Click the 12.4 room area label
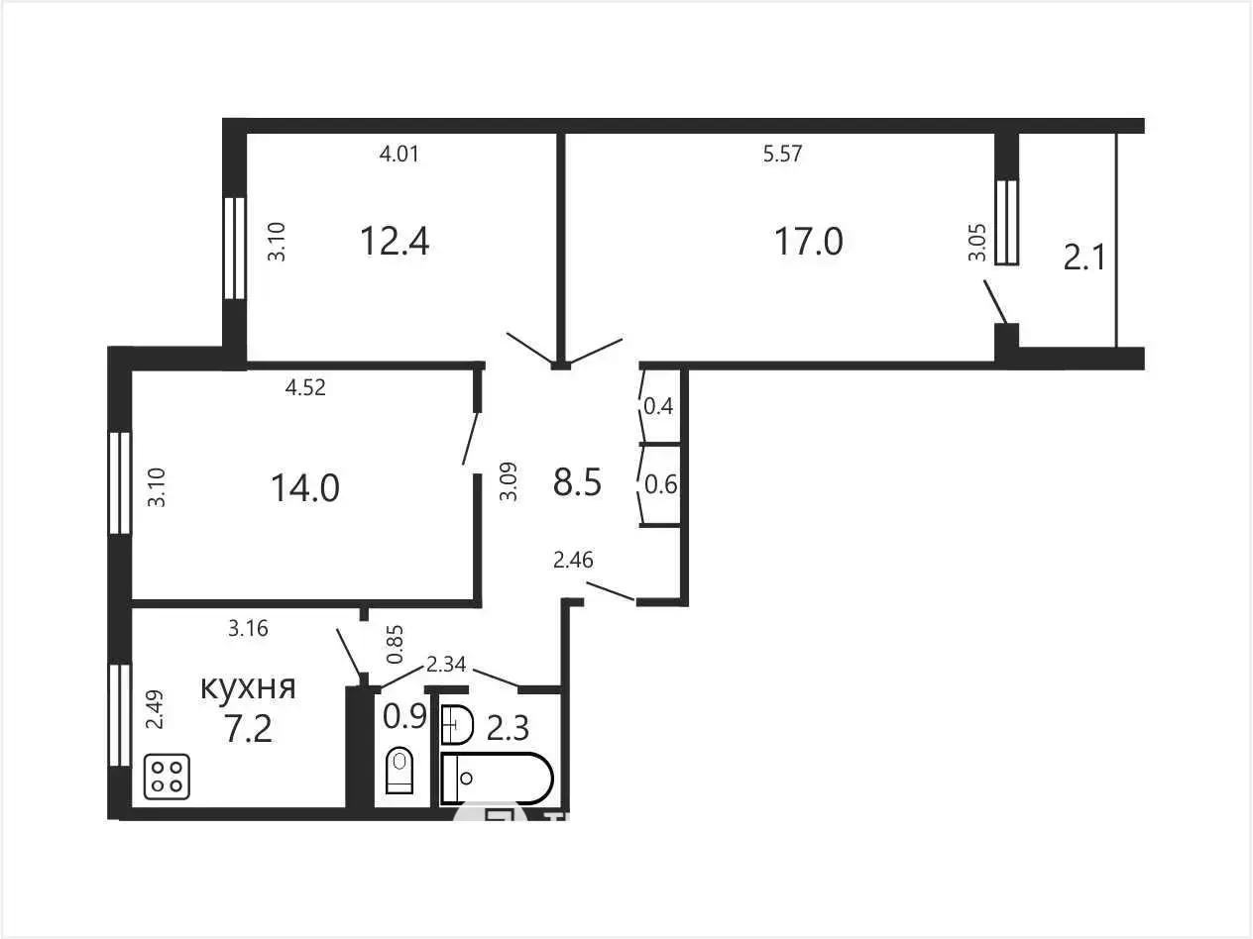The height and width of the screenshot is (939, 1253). pyautogui.click(x=395, y=241)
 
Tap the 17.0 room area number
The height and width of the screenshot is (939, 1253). pyautogui.click(x=808, y=241)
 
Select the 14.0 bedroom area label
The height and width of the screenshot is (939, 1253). pyautogui.click(x=305, y=488)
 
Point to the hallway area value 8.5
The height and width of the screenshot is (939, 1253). pyautogui.click(x=577, y=481)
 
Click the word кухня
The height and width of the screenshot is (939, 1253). pyautogui.click(x=248, y=687)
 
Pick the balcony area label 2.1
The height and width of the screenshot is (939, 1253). pyautogui.click(x=1084, y=257)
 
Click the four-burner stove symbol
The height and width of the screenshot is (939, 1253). pyautogui.click(x=167, y=776)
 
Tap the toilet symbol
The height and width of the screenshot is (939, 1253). pyautogui.click(x=399, y=770)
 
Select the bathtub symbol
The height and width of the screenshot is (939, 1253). pyautogui.click(x=498, y=779)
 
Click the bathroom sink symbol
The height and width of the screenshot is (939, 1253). pyautogui.click(x=457, y=725)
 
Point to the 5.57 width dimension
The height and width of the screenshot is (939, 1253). pyautogui.click(x=782, y=154)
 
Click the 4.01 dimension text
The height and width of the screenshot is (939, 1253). pyautogui.click(x=399, y=154)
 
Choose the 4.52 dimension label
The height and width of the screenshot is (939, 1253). pyautogui.click(x=305, y=387)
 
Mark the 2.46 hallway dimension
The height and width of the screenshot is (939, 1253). pyautogui.click(x=573, y=560)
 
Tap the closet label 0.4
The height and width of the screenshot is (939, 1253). pyautogui.click(x=658, y=406)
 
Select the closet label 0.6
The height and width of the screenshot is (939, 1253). pyautogui.click(x=660, y=484)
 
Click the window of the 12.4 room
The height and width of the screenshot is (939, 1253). pyautogui.click(x=234, y=248)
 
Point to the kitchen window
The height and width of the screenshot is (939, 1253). pyautogui.click(x=120, y=715)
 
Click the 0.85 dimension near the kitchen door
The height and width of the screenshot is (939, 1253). pyautogui.click(x=395, y=644)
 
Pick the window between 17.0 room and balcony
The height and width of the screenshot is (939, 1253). pyautogui.click(x=1007, y=222)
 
